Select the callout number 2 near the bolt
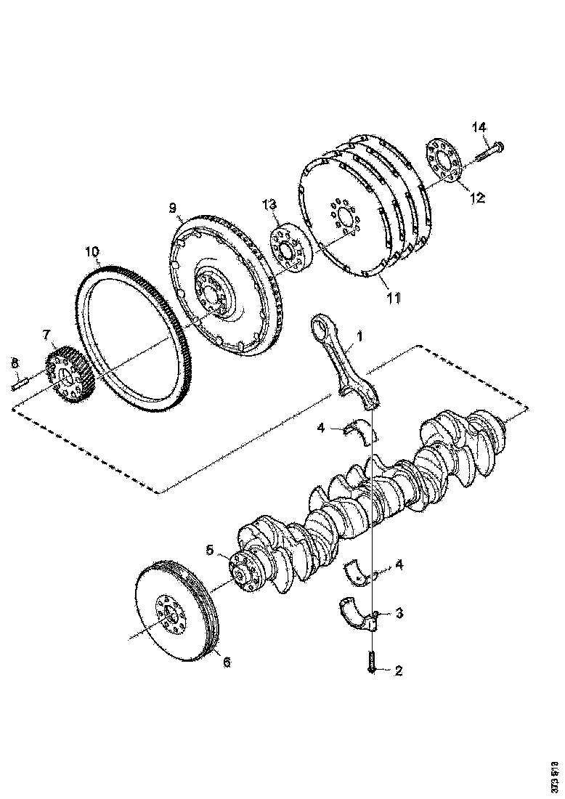398,670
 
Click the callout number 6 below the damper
226,662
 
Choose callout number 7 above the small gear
46,335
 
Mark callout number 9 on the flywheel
173,208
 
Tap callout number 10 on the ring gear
92,252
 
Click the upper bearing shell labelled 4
363,430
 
